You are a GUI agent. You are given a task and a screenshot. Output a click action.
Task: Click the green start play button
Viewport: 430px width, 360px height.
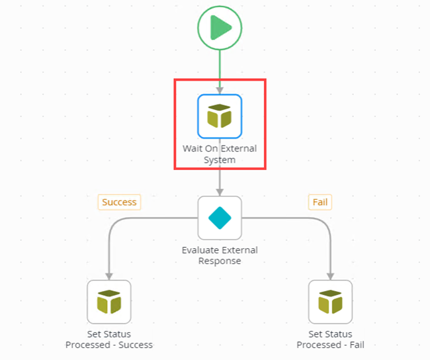(x=220, y=28)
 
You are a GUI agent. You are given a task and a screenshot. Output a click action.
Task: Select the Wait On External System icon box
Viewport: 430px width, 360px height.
(x=220, y=116)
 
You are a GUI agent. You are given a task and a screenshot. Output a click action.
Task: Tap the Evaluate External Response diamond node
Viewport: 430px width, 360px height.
(x=220, y=218)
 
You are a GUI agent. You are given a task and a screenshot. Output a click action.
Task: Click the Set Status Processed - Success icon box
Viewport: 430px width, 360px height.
(x=109, y=302)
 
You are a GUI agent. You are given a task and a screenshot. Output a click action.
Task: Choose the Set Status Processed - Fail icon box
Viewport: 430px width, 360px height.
(x=330, y=302)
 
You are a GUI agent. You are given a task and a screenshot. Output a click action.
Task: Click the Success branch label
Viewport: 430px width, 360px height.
(x=119, y=202)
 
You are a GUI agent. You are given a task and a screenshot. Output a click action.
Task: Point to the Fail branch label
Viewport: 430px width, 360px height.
(x=320, y=202)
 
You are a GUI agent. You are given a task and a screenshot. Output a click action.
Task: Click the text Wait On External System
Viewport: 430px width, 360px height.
(x=220, y=154)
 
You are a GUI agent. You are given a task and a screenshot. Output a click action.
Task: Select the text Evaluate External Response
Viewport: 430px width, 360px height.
(x=220, y=255)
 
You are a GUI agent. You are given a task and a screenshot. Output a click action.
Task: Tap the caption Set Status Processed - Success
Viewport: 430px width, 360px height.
(x=109, y=339)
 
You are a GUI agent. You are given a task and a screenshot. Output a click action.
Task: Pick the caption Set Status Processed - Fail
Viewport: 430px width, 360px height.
(x=330, y=339)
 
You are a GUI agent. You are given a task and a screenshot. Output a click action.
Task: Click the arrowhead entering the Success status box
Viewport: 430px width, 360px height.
(x=109, y=276)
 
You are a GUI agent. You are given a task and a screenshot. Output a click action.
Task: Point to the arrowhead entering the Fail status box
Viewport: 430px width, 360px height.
(x=330, y=276)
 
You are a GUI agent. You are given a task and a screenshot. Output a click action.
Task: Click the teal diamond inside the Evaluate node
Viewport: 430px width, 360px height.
(x=220, y=218)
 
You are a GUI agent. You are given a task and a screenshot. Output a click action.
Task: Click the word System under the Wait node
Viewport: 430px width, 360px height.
(x=220, y=159)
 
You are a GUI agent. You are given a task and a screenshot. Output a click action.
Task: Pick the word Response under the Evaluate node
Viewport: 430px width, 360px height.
(x=220, y=261)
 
